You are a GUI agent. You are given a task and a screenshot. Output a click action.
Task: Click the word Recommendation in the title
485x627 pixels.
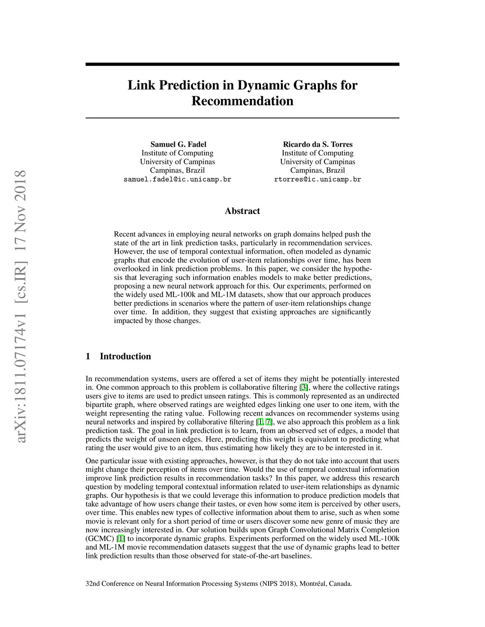click(242, 101)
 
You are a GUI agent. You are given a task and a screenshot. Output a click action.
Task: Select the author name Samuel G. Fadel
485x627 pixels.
click(178, 144)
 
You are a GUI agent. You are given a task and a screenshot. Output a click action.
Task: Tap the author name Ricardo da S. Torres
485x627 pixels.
click(317, 144)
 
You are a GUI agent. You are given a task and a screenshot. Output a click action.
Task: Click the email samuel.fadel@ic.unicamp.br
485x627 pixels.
click(177, 180)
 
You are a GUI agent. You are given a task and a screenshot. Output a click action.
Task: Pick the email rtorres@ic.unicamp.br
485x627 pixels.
click(317, 180)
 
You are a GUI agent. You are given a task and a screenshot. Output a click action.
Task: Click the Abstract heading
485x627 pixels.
click(242, 211)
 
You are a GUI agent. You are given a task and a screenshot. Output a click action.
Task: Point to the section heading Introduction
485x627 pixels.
click(125, 356)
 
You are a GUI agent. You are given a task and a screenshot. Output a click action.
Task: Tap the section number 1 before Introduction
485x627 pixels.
click(88, 356)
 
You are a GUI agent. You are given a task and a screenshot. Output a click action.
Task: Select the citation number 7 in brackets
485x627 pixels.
click(269, 422)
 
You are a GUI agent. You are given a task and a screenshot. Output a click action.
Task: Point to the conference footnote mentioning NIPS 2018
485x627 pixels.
click(218, 583)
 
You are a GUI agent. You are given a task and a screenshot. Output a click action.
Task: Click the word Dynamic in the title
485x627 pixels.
click(265, 86)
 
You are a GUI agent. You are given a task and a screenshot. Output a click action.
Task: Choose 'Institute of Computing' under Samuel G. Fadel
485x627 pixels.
click(177, 153)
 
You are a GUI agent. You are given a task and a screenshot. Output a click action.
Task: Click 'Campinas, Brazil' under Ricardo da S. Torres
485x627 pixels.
click(317, 170)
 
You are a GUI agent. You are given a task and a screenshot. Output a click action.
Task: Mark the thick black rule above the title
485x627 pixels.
click(242, 64)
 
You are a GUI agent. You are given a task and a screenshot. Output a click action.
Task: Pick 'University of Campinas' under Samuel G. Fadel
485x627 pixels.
click(177, 162)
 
